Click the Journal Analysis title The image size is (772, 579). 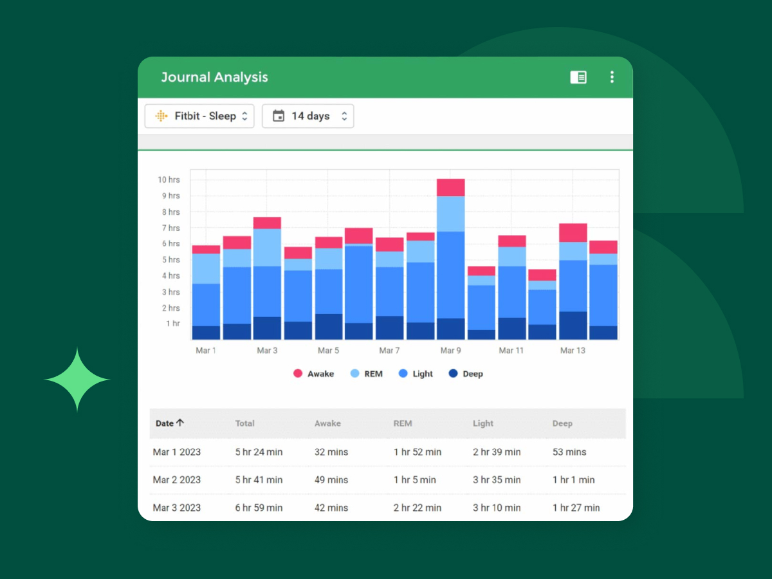(x=214, y=77)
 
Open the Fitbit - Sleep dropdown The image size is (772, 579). (x=199, y=116)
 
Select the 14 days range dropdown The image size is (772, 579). (x=308, y=116)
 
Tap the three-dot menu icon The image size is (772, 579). (x=611, y=77)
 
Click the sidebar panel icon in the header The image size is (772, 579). (x=578, y=77)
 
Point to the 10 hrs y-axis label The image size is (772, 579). (x=169, y=179)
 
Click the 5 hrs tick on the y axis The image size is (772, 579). (x=170, y=260)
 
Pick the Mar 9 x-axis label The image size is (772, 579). (x=450, y=351)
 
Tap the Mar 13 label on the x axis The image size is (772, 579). (x=573, y=351)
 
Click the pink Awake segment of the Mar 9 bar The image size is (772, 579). (x=450, y=187)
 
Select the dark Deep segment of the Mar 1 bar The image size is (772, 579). (x=206, y=333)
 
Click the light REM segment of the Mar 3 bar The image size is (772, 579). (x=267, y=248)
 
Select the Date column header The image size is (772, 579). (x=170, y=423)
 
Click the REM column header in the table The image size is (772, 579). (x=403, y=423)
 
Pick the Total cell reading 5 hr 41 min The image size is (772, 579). (x=259, y=480)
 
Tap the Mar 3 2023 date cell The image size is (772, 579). (x=176, y=508)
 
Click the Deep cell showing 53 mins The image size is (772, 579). (x=569, y=452)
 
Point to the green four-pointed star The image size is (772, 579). (x=77, y=380)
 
